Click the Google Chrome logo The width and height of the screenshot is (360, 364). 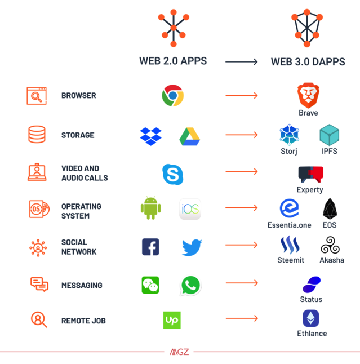(172, 96)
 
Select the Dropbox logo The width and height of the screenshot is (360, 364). (150, 136)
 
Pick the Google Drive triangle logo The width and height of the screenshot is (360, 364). (190, 136)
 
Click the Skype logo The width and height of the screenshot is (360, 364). (172, 174)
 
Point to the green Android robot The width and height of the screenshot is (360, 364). (150, 208)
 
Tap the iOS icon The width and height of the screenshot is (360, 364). (190, 209)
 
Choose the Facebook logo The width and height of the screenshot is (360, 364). (150, 247)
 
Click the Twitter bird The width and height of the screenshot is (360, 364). (192, 247)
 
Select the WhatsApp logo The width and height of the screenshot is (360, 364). (190, 286)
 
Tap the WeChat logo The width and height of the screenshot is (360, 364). (150, 285)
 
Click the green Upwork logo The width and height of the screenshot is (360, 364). (172, 320)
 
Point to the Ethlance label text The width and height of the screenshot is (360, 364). (312, 334)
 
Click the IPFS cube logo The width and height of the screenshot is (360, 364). (329, 135)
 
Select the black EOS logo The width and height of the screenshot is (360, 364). (330, 209)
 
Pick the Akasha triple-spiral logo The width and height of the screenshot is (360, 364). (330, 246)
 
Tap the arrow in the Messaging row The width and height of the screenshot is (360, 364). (242, 283)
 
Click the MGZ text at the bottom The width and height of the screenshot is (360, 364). (180, 352)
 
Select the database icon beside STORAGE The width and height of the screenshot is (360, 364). (37, 135)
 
